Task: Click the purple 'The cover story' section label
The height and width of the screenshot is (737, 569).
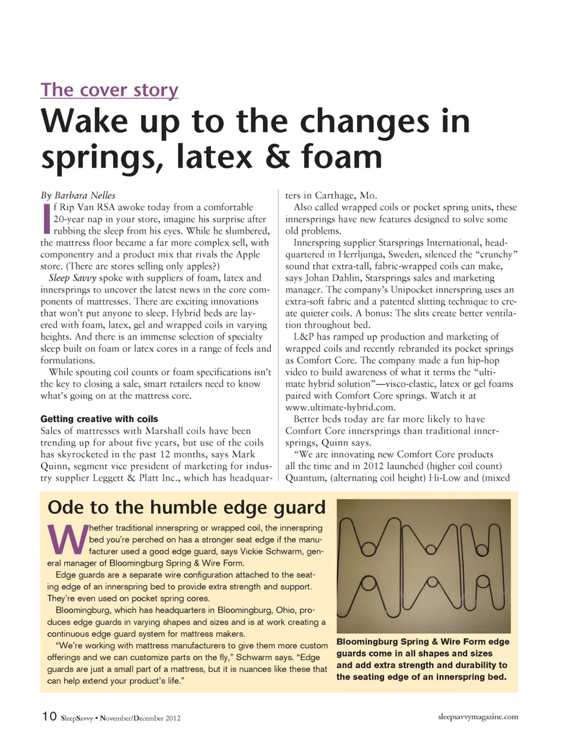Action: (109, 90)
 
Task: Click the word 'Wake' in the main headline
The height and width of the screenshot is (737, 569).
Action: (84, 121)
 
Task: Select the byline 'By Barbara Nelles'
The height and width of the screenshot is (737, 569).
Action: (78, 195)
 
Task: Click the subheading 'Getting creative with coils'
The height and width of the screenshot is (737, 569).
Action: (99, 419)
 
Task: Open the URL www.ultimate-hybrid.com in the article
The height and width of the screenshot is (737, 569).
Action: (340, 407)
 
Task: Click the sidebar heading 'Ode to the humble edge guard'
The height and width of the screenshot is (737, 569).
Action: (186, 507)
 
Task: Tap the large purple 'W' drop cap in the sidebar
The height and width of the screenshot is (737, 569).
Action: (66, 539)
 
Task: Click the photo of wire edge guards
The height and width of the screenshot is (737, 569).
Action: (423, 566)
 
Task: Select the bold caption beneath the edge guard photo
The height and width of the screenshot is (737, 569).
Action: (423, 659)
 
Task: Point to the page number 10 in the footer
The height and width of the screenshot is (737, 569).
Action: (49, 716)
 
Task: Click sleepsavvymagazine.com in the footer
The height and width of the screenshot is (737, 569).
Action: (478, 716)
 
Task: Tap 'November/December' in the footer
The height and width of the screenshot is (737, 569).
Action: (131, 718)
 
